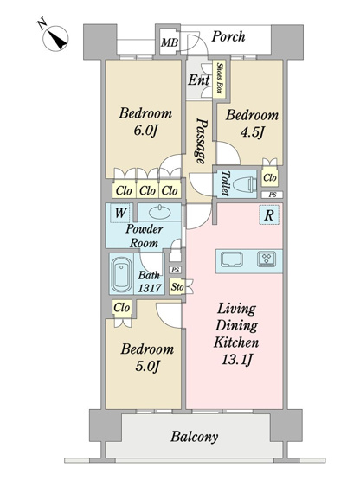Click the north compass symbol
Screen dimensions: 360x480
point(55,39)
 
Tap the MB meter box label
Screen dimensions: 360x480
point(170,42)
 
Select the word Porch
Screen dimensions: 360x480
point(228,36)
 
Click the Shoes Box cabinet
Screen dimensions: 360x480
point(219,79)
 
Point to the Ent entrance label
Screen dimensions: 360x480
point(198,80)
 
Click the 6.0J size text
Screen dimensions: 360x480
point(145,131)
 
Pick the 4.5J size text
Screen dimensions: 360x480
point(252,133)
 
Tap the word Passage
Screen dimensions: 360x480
point(202,141)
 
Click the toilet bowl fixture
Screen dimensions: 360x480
point(245,184)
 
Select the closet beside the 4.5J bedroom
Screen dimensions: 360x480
point(270,177)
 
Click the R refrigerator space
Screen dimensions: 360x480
point(269,215)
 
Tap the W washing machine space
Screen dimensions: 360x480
point(119,213)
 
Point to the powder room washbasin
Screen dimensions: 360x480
point(160,212)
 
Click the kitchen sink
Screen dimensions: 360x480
point(232,259)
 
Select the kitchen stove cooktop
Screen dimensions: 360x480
point(267,259)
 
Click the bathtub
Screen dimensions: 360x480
point(122,274)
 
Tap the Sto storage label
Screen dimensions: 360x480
point(177,287)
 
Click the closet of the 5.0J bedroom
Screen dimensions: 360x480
point(122,308)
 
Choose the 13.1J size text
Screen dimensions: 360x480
point(236,360)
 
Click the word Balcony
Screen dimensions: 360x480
point(194,437)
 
